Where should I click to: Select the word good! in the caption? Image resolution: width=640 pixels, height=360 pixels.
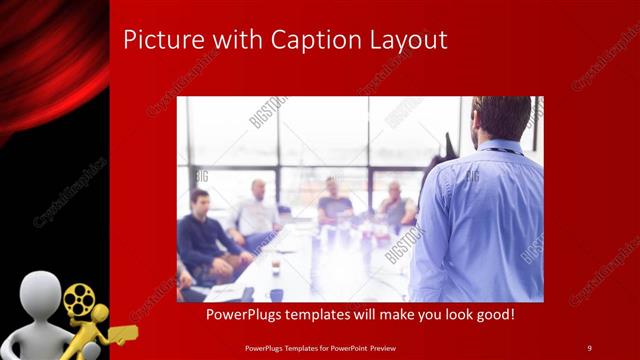tap(493, 315)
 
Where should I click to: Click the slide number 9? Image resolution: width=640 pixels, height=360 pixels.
tap(589, 347)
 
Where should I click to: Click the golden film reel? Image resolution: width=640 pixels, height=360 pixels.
tap(79, 298)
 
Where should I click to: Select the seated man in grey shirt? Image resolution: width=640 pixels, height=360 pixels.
tap(397, 205)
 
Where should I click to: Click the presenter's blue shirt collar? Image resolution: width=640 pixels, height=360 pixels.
tap(500, 148)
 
